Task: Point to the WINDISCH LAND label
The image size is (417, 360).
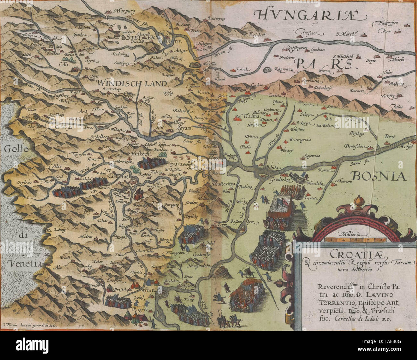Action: [x=132, y=83]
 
